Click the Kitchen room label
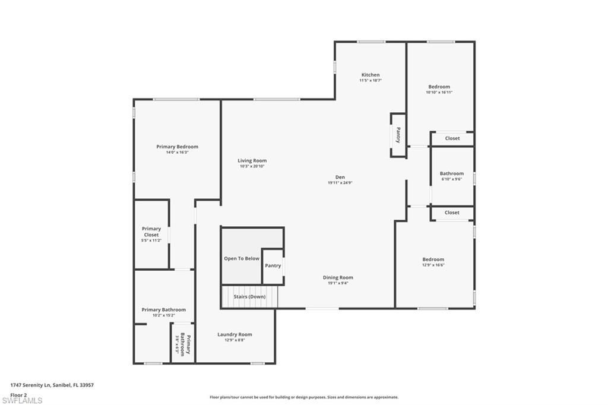370,75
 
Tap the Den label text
340,177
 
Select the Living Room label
252,160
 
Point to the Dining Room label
338,277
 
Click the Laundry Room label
235,334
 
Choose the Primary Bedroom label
177,147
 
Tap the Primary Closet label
151,232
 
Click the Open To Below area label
242,258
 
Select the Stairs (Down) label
249,296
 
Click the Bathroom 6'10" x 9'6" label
452,174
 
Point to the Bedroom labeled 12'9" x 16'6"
433,260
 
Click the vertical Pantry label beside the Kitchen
398,135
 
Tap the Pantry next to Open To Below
273,265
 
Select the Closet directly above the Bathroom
452,138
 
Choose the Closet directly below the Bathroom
452,213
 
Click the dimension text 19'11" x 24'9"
340,183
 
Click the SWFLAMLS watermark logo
21,400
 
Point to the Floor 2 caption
18,394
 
